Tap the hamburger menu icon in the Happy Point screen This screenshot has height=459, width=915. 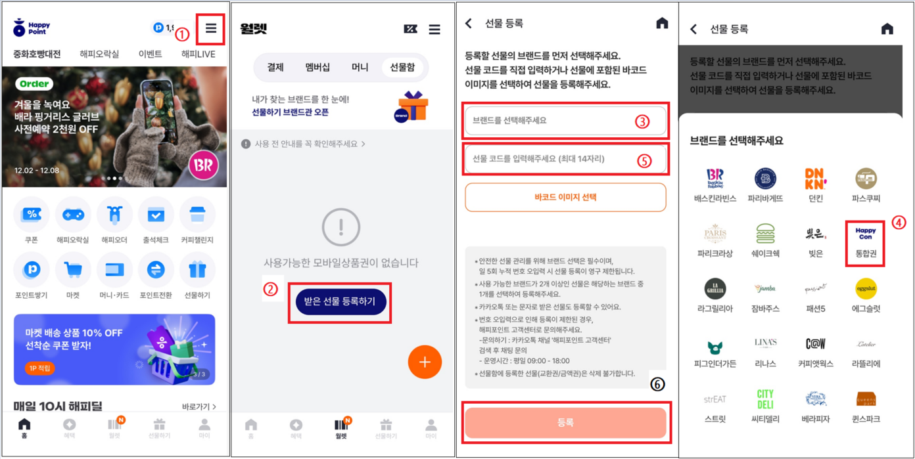pos(210,28)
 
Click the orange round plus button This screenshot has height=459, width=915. pos(425,362)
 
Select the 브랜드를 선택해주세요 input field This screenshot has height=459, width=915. pos(565,121)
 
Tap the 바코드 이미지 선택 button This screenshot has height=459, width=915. pos(565,197)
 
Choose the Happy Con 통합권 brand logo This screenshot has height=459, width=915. pos(866,234)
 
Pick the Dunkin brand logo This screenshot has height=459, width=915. pos(815,179)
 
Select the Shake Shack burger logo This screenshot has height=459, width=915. pos(765,234)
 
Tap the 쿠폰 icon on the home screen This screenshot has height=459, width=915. pos(32,215)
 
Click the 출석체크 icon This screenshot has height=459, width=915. pos(156,215)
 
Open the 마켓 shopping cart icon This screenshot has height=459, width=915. pos(73,270)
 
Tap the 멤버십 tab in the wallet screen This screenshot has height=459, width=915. pos(317,67)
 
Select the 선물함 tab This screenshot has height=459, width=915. pos(402,67)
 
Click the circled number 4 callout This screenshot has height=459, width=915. pos(899,223)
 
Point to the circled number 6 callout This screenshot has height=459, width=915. pos(657,385)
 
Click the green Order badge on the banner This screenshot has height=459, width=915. pos(34,84)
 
